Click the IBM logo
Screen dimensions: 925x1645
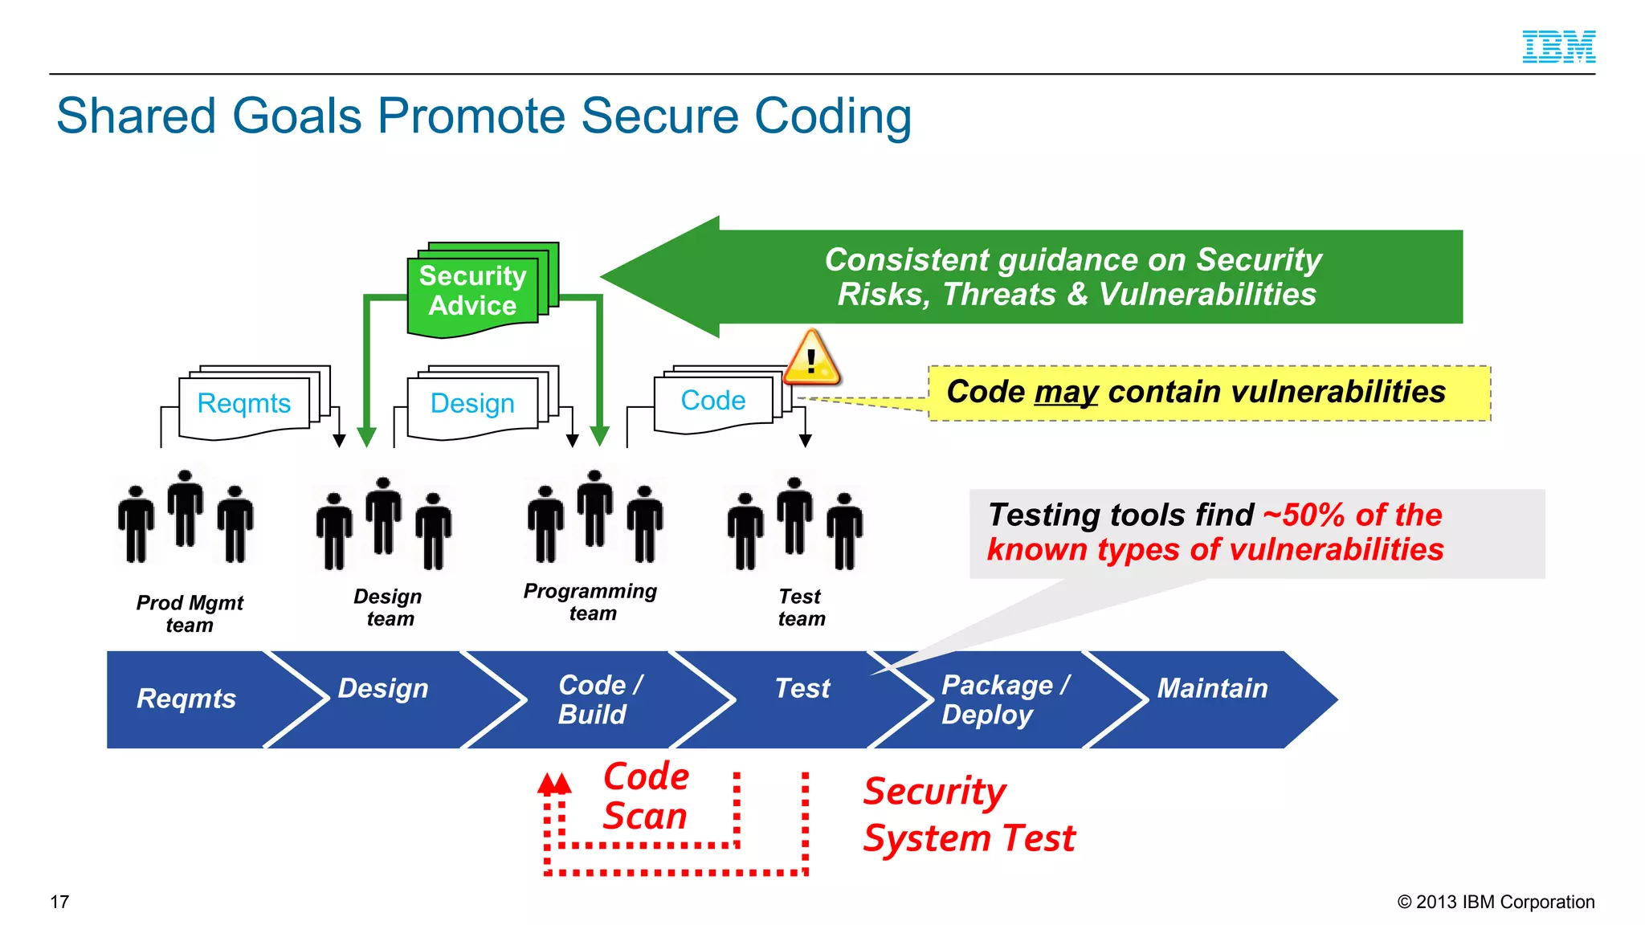coord(1558,47)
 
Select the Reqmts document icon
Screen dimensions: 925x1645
coord(244,403)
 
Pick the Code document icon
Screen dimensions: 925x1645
coord(713,400)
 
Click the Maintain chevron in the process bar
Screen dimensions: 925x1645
coord(1213,689)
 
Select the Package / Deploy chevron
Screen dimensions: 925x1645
coord(1004,699)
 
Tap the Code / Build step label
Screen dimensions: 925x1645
coord(599,699)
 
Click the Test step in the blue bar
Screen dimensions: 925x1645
coord(802,689)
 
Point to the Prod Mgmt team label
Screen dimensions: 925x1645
coord(190,613)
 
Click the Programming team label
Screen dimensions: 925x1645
coord(590,602)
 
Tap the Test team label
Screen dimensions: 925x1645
coord(801,608)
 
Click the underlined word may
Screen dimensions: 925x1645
coord(1066,393)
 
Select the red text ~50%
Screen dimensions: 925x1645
coord(1306,515)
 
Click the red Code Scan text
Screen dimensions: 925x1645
coord(646,797)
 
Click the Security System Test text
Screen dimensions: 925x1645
coord(968,814)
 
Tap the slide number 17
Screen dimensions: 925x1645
coord(59,902)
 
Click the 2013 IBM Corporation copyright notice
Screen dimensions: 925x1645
coord(1496,902)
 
